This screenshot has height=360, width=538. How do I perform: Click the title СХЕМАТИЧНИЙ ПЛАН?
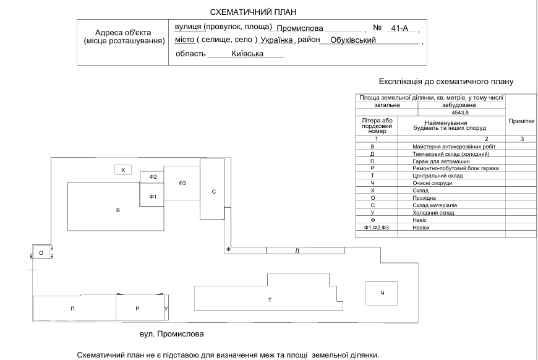click(x=253, y=12)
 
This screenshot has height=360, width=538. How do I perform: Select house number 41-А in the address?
click(x=399, y=28)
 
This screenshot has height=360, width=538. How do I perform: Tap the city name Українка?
click(x=276, y=40)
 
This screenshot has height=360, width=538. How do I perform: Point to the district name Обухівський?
click(x=353, y=40)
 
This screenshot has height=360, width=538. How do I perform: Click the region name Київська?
click(x=247, y=54)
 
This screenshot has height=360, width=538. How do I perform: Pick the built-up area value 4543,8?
click(x=460, y=113)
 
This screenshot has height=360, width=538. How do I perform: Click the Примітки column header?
click(x=521, y=121)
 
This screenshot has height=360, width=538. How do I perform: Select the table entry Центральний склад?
click(x=437, y=176)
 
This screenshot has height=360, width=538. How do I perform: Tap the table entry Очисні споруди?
click(x=432, y=183)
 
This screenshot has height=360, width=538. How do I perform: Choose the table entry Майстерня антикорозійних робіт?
click(x=454, y=147)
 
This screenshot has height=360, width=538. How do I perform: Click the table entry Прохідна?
click(x=424, y=198)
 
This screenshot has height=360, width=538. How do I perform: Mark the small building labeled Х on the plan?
click(x=123, y=169)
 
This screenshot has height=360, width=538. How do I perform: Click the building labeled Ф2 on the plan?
click(x=152, y=177)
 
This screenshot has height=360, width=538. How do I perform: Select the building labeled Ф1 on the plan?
click(x=152, y=195)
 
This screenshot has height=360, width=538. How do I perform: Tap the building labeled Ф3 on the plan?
click(x=182, y=183)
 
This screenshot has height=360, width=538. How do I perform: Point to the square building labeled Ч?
click(x=382, y=293)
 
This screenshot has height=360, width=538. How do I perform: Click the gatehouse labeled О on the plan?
click(x=42, y=252)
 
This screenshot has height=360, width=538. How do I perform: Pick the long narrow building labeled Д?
click(x=305, y=251)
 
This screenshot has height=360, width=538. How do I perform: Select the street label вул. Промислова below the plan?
click(x=171, y=334)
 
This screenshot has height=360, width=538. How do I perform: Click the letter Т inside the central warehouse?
click(x=270, y=300)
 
